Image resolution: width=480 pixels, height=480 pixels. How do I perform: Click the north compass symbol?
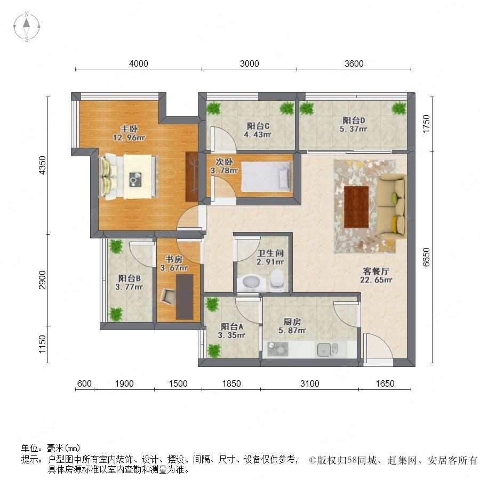point(27,26)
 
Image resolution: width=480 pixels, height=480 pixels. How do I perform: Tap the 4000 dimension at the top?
point(138,63)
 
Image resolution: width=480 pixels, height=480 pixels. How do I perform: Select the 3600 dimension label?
point(354,63)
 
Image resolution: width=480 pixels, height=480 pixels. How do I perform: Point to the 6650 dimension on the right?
point(426,257)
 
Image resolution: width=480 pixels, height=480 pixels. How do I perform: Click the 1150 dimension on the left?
point(42,344)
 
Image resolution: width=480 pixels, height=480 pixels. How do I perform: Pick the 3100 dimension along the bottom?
point(309,383)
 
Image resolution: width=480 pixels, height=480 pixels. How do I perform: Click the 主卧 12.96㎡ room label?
point(129,133)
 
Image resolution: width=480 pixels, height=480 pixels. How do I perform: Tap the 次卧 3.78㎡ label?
point(224,166)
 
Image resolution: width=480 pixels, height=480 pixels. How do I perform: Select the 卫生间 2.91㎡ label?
point(270,258)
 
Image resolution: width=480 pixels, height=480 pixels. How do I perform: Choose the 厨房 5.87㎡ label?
point(292,326)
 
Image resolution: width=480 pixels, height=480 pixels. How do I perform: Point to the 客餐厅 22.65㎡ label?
point(376,275)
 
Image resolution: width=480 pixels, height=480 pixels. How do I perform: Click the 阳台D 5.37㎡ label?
point(354,125)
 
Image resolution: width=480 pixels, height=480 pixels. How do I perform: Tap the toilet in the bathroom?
point(277,279)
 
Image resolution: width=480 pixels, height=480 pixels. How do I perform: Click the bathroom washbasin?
point(251,283)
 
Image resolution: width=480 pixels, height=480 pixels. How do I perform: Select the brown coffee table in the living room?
point(356,207)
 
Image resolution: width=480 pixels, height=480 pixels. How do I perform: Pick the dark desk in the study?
point(185,297)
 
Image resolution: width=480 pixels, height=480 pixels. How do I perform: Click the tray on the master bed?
point(135,179)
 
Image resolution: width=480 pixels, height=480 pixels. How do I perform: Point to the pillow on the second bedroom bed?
point(284,179)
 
